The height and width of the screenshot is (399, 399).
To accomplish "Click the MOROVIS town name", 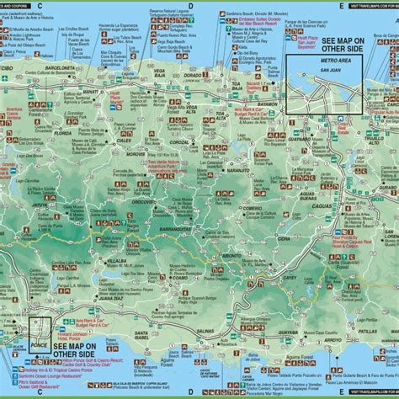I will (x=136, y=153).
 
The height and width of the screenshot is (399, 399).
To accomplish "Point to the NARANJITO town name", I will (x=221, y=169).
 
